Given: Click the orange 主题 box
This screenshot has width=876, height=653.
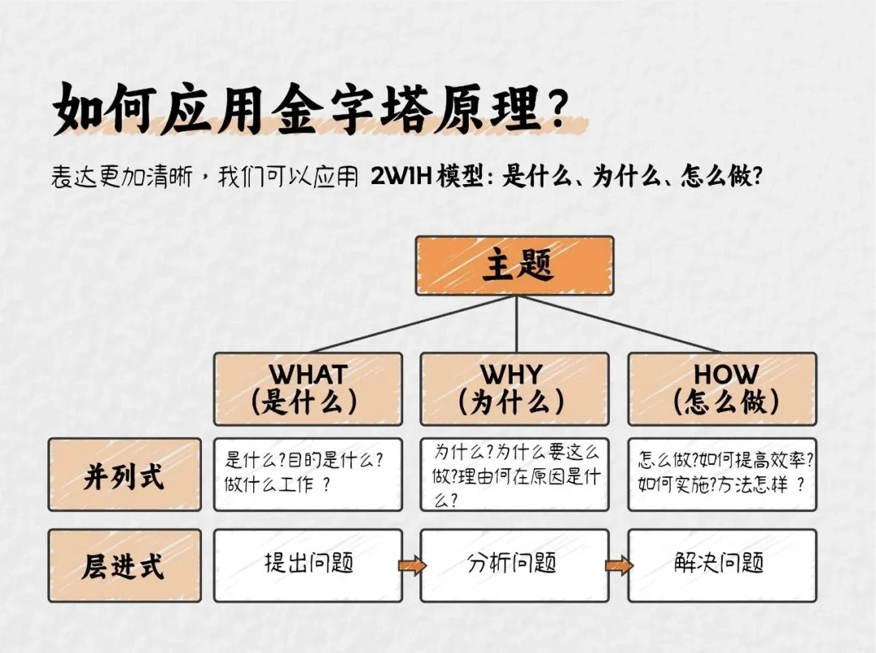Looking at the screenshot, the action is [514, 265].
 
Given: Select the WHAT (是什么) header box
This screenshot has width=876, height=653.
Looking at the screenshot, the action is [307, 389].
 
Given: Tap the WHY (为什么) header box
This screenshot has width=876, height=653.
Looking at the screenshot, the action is [513, 389].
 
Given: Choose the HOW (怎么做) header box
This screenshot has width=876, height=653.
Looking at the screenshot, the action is [722, 389].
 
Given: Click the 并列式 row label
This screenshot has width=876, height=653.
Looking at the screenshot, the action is [124, 475].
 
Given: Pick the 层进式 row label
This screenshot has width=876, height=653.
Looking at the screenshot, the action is [124, 565].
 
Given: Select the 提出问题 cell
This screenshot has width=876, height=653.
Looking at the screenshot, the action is [307, 565].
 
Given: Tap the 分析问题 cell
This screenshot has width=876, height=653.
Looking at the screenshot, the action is [513, 565].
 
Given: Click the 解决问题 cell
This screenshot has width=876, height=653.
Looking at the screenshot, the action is [722, 565].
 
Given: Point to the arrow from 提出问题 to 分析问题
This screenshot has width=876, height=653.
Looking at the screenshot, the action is [411, 565].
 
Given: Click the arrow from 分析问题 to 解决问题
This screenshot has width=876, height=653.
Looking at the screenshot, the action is [619, 565].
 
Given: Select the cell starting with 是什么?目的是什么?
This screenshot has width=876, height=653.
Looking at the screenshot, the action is [307, 475].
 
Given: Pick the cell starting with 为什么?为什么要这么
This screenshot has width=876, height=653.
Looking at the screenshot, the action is [513, 475].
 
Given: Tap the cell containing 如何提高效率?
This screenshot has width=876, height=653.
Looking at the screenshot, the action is [722, 475].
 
